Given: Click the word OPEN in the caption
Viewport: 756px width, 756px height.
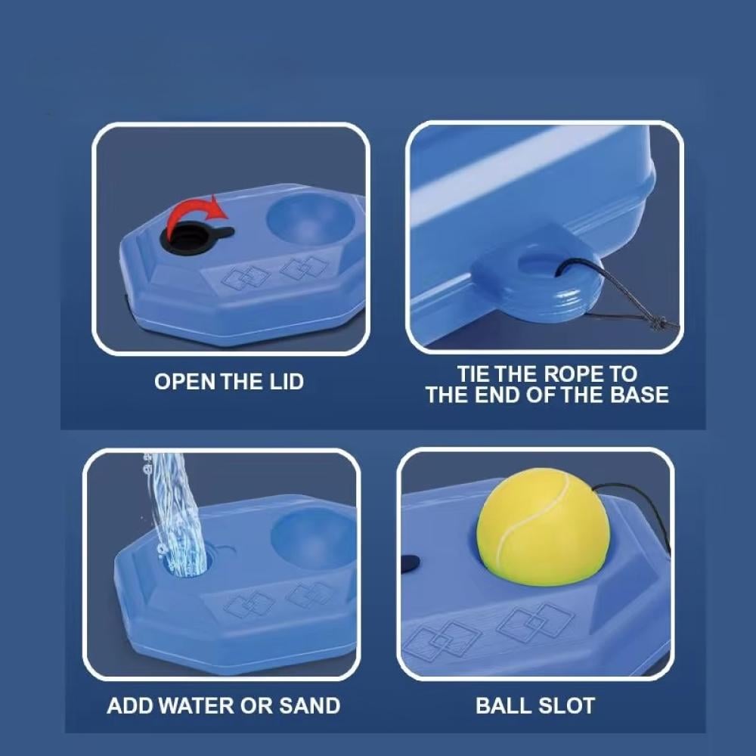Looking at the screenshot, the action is pyautogui.click(x=185, y=382).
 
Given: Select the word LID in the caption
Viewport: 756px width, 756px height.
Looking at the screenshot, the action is pyautogui.click(x=287, y=382).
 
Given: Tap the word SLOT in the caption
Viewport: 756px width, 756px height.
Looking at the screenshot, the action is pyautogui.click(x=566, y=706).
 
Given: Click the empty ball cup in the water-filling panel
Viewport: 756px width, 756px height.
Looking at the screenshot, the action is pyautogui.click(x=314, y=538).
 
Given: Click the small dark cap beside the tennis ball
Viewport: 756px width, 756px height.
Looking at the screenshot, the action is pyautogui.click(x=410, y=563).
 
